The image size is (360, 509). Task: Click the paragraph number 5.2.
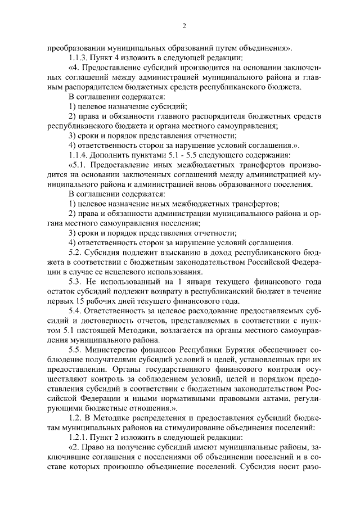coord(75,253)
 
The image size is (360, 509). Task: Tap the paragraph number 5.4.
coord(75,311)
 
